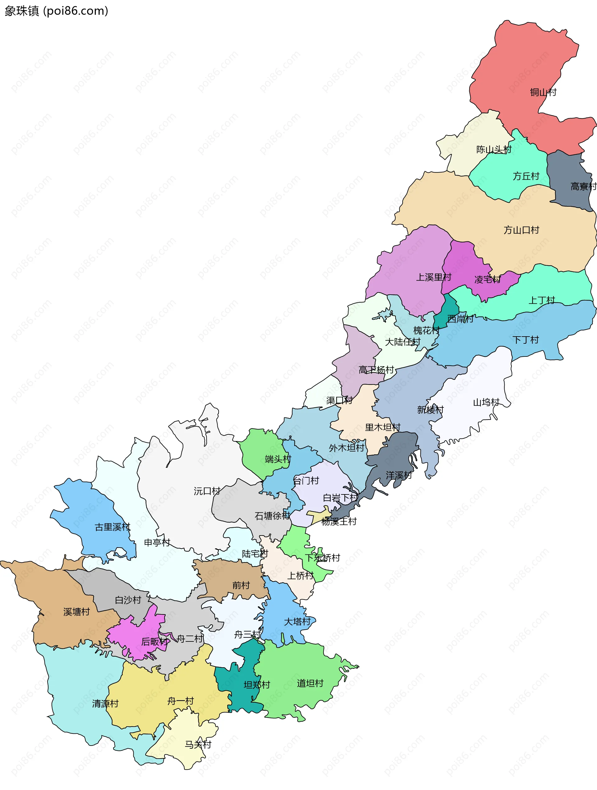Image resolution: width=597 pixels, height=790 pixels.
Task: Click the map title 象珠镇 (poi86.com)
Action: [56, 11]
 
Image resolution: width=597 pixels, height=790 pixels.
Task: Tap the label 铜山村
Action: [543, 93]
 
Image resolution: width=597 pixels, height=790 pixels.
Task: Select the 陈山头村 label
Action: [494, 150]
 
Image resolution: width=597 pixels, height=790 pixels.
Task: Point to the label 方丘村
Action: [526, 176]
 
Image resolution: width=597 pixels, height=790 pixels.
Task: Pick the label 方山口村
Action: [521, 230]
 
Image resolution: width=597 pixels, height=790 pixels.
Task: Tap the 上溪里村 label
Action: [434, 277]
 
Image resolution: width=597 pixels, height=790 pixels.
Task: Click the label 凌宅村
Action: [487, 280]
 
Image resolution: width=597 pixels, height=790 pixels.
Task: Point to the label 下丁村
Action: [525, 340]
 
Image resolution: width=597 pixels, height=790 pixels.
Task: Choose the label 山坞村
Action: [486, 402]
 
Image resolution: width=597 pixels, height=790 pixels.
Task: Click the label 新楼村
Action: [430, 410]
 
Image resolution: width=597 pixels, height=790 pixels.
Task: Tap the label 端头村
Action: [278, 459]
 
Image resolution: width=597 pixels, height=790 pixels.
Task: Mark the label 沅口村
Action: [207, 491]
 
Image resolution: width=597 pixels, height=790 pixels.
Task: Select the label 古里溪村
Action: [113, 527]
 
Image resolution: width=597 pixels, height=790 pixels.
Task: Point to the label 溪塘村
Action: [76, 612]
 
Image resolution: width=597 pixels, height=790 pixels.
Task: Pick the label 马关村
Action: [198, 745]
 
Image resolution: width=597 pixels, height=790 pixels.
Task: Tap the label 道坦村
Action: [310, 683]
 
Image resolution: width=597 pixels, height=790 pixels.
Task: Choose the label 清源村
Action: [105, 704]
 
